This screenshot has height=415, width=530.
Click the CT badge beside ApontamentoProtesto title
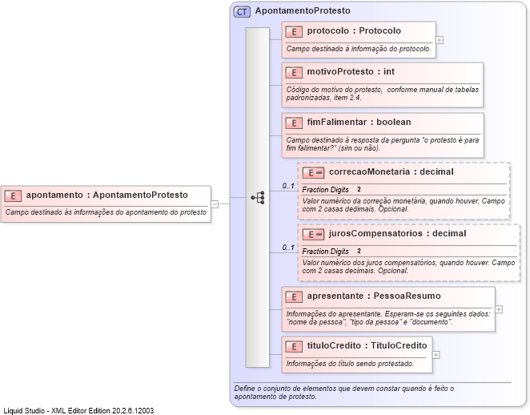coord(241,12)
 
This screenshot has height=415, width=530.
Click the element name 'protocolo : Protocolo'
coord(354,31)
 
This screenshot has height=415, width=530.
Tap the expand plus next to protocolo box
coord(440,39)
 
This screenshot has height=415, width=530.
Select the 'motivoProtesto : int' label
coord(351,72)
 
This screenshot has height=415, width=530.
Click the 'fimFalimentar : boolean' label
coord(359,123)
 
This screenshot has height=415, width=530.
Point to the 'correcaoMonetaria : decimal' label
coord(391,172)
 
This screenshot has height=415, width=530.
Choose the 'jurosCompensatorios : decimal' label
coord(397,234)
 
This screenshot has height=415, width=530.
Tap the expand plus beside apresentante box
coord(499,308)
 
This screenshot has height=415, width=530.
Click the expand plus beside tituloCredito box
coord(436,354)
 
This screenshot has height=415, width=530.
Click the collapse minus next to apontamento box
coord(215,203)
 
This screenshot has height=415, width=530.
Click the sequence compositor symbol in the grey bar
coord(257,197)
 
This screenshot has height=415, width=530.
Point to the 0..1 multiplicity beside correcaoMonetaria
coord(288,187)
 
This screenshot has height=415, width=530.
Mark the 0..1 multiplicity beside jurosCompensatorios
coord(288,248)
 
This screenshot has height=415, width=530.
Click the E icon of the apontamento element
coord(13,195)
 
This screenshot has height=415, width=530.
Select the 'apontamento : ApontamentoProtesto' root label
coord(106,195)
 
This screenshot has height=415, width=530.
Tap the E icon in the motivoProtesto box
coord(294,72)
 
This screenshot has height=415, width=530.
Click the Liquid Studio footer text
coord(78,409)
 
